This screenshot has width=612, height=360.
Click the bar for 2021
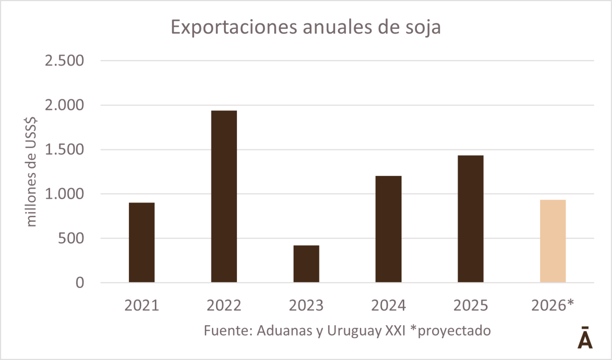point(142,242)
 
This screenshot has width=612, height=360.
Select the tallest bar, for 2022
point(224,196)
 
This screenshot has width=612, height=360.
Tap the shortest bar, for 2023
point(306,264)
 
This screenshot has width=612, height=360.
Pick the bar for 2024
point(389,229)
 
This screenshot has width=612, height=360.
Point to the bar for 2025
point(471,219)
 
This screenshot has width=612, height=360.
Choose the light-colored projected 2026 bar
point(553,241)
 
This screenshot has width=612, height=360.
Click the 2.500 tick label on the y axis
point(64,61)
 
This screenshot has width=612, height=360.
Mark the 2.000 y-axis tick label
point(64,106)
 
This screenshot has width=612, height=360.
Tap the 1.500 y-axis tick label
point(64,150)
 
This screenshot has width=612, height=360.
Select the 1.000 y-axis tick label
point(64,194)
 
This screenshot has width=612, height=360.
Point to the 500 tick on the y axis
point(70,239)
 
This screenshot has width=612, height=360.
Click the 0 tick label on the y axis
point(80,283)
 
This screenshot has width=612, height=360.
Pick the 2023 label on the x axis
point(306,306)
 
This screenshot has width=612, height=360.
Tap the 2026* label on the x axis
point(553,306)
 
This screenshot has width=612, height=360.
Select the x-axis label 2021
point(142,306)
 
